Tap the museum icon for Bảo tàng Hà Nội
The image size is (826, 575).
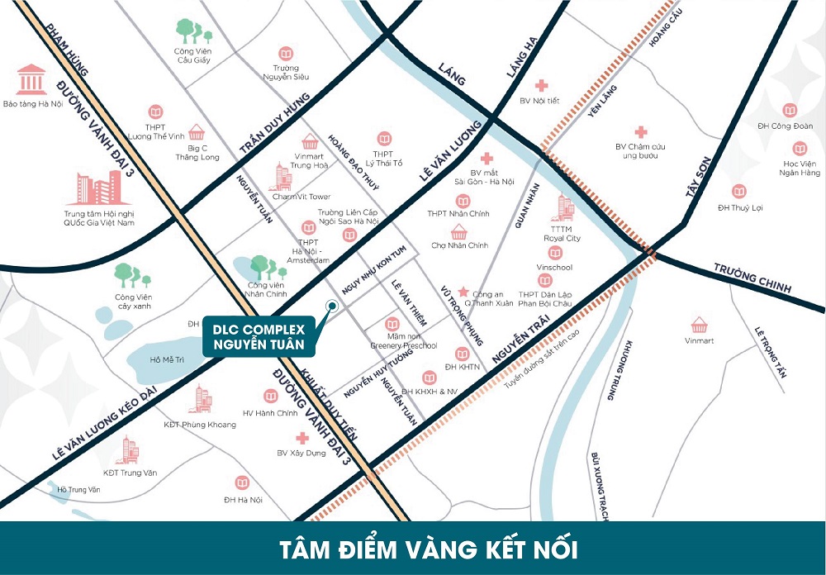pos(31,79)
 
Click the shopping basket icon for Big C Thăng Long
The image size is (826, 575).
pos(197,131)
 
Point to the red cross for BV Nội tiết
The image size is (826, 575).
pos(541,85)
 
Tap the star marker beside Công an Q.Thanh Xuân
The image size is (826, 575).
pos(463,292)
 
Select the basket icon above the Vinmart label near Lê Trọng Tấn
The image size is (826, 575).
pos(699,325)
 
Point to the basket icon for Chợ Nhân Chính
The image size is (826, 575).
pos(459,231)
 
